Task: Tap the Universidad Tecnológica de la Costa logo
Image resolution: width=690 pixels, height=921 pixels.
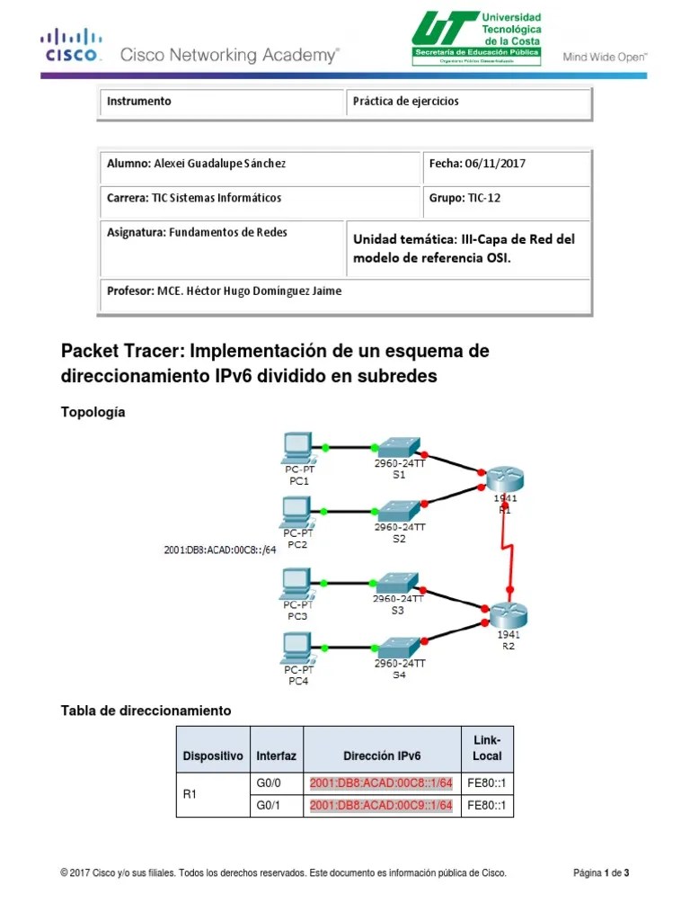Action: click(476, 38)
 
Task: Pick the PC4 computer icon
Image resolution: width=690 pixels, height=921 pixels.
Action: click(296, 648)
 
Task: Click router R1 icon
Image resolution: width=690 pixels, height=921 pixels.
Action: click(503, 479)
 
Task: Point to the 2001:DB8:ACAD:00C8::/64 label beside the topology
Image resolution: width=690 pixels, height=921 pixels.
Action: click(220, 550)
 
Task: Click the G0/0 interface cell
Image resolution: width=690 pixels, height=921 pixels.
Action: click(270, 782)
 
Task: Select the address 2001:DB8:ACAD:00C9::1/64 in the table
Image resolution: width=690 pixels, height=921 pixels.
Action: click(381, 806)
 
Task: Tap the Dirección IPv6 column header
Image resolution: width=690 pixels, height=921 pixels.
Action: click(381, 756)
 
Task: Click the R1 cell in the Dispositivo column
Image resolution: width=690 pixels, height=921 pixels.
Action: click(190, 794)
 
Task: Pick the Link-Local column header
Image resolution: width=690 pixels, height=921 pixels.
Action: click(487, 748)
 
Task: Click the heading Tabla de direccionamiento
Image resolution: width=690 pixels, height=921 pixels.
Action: click(146, 711)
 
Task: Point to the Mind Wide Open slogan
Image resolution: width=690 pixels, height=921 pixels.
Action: click(606, 57)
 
